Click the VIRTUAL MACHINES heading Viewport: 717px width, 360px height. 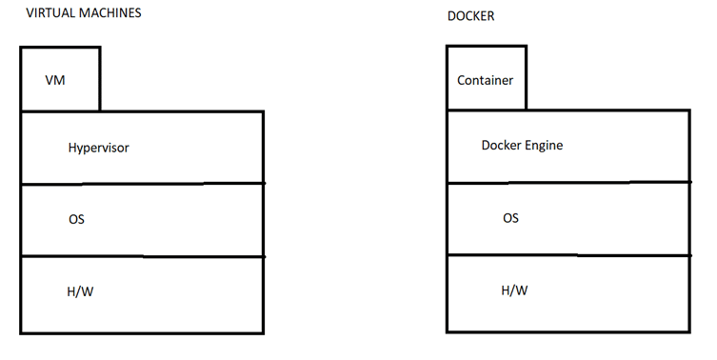[x=84, y=13]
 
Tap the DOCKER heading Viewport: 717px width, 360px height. [x=469, y=17]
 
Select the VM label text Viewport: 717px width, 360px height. [x=55, y=80]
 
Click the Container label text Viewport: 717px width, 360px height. [x=485, y=80]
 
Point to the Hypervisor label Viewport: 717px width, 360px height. [x=98, y=148]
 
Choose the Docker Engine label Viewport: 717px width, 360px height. [x=522, y=146]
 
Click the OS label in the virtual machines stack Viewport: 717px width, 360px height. [x=76, y=219]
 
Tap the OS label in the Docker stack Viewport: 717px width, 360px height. [x=510, y=218]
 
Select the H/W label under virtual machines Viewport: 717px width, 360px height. [x=80, y=291]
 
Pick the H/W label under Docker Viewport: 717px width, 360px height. [x=514, y=290]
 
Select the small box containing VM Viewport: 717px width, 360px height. [x=60, y=78]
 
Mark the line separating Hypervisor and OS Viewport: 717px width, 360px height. [x=142, y=184]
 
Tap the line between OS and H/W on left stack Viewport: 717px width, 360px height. [x=142, y=256]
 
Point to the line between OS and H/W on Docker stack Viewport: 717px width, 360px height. [x=568, y=254]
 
